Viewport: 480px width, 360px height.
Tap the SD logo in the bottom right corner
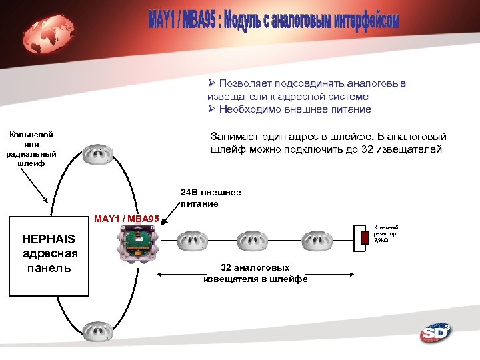pyautogui.click(x=435, y=333)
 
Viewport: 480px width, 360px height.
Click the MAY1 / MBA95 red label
pyautogui.click(x=127, y=219)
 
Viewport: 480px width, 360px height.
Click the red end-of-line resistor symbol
pyautogui.click(x=364, y=237)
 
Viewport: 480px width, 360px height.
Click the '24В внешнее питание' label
pyautogui.click(x=210, y=198)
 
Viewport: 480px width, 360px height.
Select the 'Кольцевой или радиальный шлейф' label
pyautogui.click(x=31, y=149)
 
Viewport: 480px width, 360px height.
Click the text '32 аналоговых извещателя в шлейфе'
pyautogui.click(x=255, y=273)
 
